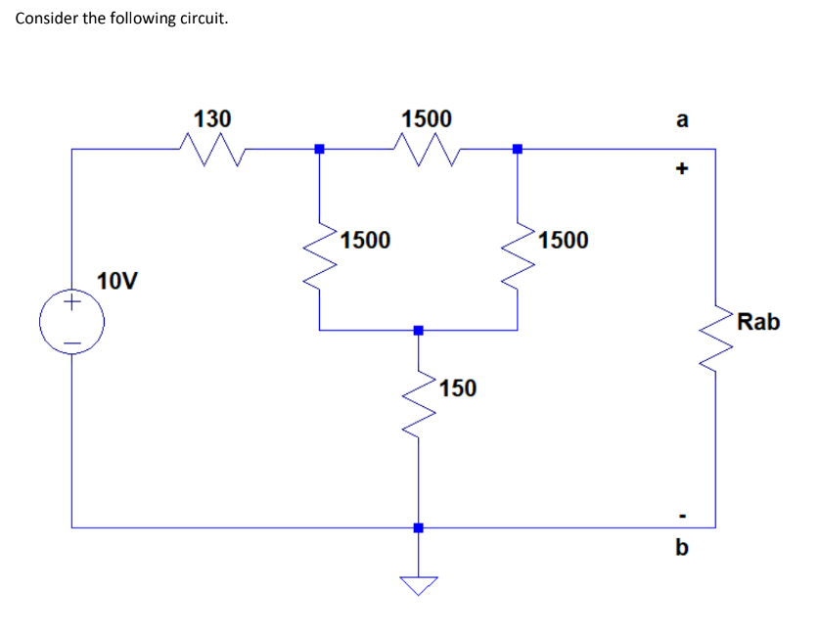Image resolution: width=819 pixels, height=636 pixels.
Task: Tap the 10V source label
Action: pyautogui.click(x=117, y=282)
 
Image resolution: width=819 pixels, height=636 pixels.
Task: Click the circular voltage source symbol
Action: pyautogui.click(x=71, y=322)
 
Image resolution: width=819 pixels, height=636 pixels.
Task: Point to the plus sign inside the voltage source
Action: pyautogui.click(x=71, y=305)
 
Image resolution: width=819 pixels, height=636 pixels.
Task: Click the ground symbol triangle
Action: pyautogui.click(x=418, y=585)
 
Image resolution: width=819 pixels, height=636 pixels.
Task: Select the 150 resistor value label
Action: pyautogui.click(x=457, y=388)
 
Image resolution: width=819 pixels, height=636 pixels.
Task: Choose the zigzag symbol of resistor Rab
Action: pyautogui.click(x=716, y=331)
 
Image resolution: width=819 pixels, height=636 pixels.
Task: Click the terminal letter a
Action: pyautogui.click(x=682, y=120)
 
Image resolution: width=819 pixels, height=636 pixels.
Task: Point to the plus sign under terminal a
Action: pyautogui.click(x=682, y=168)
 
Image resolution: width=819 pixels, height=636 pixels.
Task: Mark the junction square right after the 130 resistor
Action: pyautogui.click(x=318, y=150)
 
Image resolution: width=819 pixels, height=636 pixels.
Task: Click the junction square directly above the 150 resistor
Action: pyautogui.click(x=418, y=331)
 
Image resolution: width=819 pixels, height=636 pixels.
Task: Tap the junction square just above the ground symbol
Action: pyautogui.click(x=418, y=527)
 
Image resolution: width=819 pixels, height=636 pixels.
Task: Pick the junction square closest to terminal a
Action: pyautogui.click(x=518, y=150)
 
